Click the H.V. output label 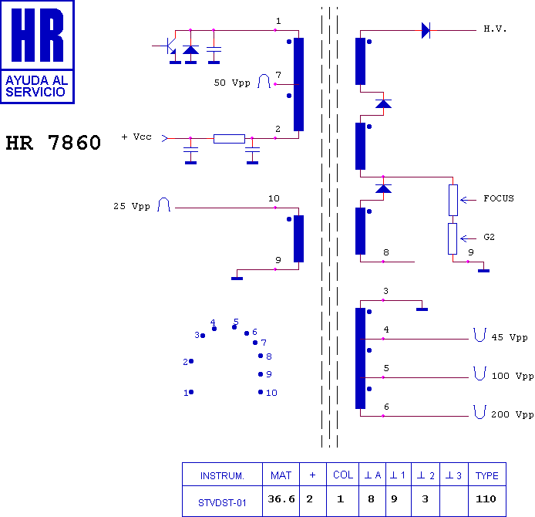pos(495,29)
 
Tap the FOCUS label pos(499,198)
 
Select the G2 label pos(489,237)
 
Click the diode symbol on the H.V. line pos(426,30)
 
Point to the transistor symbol pos(170,46)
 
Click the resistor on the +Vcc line pos(229,139)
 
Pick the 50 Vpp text pos(232,83)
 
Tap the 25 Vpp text pos(132,206)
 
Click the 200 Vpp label pos(513,414)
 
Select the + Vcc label pos(136,137)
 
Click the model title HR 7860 pos(53,143)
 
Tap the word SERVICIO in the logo pos(35,92)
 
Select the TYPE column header pos(487,475)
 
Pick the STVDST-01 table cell pos(222,502)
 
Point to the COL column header pos(343,475)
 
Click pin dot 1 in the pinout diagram pos(191,392)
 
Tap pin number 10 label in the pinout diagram pos(271,393)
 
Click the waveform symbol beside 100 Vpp pos(479,373)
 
